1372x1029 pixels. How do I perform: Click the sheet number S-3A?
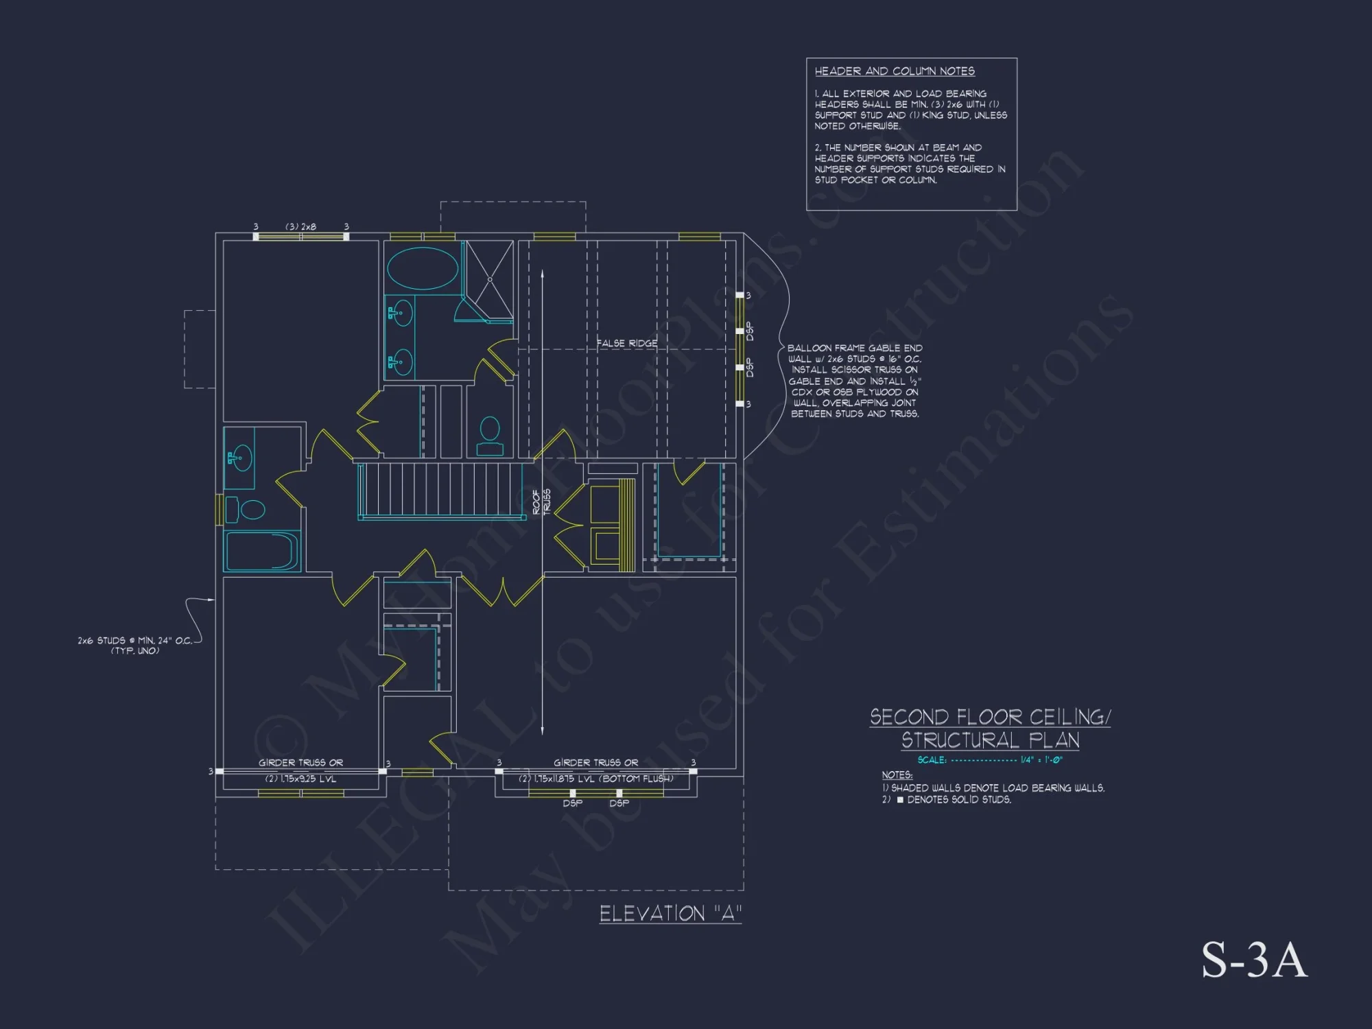[x=1254, y=960]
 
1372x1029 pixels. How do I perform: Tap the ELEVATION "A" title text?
[x=670, y=914]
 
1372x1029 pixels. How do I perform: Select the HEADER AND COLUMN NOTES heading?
[x=895, y=71]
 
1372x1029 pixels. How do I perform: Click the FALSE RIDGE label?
[x=626, y=343]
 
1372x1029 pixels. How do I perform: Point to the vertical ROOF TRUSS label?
[x=541, y=501]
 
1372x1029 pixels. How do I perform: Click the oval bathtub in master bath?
[x=423, y=268]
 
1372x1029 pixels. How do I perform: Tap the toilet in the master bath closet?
[x=490, y=436]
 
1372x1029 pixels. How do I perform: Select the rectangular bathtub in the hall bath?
[x=261, y=551]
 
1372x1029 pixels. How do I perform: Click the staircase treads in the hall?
[x=439, y=488]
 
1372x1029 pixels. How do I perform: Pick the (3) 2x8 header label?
[x=301, y=226]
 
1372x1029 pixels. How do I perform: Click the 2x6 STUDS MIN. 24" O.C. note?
[x=135, y=645]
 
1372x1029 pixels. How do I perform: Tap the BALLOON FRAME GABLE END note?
[x=855, y=381]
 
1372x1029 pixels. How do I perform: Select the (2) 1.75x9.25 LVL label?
[x=301, y=779]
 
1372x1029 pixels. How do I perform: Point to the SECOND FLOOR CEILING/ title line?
[x=990, y=718]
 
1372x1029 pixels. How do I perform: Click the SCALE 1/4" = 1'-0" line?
[x=990, y=760]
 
